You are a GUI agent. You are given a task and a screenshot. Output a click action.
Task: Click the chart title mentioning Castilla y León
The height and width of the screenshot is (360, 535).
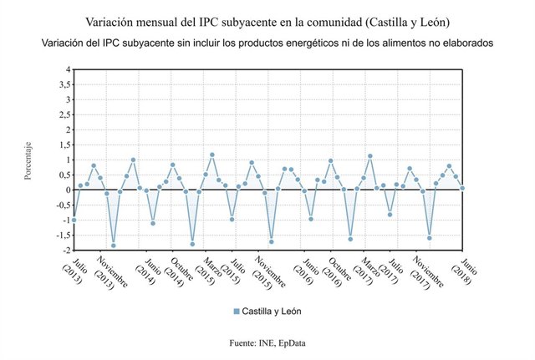(x=267, y=18)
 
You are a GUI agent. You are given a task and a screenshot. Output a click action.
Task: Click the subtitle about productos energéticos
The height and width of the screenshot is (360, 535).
(x=267, y=42)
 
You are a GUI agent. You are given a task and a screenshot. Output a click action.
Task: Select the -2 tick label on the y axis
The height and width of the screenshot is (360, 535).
(x=65, y=250)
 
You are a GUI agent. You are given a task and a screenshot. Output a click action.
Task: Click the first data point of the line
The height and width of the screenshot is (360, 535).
(x=74, y=220)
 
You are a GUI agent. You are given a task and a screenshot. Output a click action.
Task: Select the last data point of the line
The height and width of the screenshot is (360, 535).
(x=462, y=188)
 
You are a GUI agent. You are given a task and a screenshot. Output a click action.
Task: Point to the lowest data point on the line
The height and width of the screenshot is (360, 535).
(x=113, y=246)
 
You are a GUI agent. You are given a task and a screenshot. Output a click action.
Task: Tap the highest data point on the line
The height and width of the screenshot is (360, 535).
(x=212, y=155)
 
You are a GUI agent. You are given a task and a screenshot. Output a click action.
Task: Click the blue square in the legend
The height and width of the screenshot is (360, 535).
(x=237, y=311)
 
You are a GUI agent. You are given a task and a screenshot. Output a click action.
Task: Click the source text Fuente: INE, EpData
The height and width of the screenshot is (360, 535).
(x=267, y=343)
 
